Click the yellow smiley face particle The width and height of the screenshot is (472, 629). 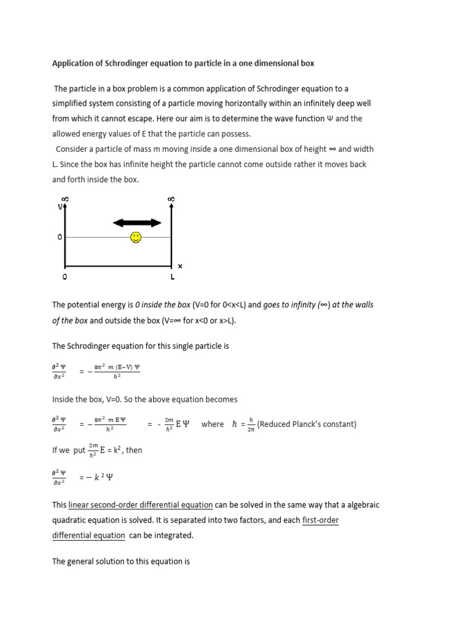[x=136, y=237]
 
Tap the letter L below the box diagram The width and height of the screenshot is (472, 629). [x=172, y=277]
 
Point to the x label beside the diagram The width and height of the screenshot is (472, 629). [x=180, y=266]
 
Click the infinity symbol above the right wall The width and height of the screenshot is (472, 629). [x=171, y=199]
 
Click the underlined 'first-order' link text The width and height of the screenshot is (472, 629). [x=320, y=520]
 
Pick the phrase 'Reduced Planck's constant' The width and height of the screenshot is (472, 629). [x=307, y=424]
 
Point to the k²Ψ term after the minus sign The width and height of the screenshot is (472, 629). [x=105, y=477]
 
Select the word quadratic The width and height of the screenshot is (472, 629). [x=73, y=520]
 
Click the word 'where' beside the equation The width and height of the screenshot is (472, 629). [x=213, y=424]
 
